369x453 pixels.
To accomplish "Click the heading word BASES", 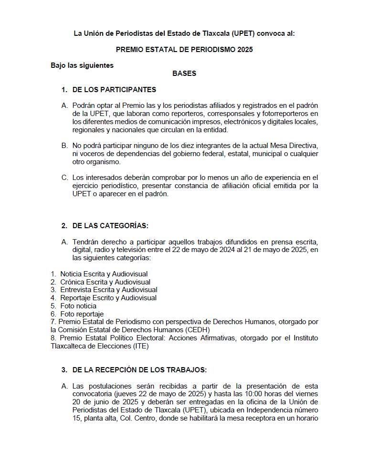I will [184, 74].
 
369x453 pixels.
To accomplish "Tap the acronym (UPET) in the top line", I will [244, 33].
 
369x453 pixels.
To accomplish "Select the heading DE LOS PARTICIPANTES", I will [114, 89].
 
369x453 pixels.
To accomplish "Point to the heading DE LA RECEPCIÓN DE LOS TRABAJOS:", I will [139, 369].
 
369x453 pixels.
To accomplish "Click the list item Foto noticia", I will [78, 306].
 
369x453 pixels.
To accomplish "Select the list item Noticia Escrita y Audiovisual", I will [104, 274].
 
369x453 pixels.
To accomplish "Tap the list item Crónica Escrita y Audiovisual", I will [105, 282].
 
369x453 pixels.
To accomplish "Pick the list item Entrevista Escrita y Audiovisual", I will [108, 290].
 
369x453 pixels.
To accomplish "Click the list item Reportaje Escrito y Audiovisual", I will [108, 298].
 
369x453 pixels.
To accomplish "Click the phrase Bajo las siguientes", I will [82, 65].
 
